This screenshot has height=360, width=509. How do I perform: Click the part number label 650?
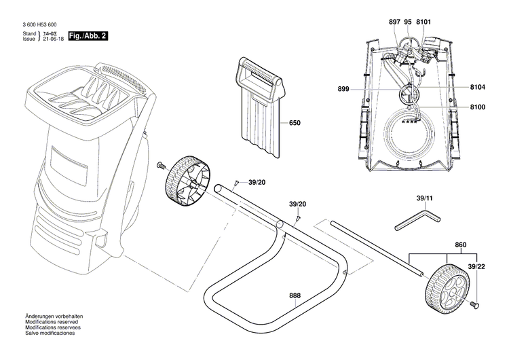point(294,124)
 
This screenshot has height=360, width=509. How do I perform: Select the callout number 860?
point(461,244)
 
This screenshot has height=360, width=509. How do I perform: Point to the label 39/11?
point(423,198)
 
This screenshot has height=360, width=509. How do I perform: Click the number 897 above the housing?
point(395,22)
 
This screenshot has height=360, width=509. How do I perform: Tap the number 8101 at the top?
point(424,22)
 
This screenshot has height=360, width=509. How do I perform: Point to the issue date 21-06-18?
point(52,39)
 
